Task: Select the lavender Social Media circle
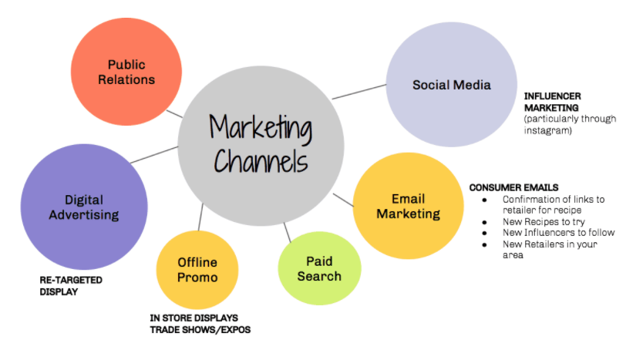pos(451,85)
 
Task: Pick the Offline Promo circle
pos(197,270)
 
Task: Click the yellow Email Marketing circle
pos(408,206)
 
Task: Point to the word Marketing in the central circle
pos(261,127)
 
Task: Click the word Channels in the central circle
pos(261,161)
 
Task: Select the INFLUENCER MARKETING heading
pos(552,101)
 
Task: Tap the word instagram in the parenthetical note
pos(547,131)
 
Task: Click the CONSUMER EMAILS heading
pos(513,187)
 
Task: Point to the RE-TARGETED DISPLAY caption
pos(71,285)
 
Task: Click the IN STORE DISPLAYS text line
pos(194,318)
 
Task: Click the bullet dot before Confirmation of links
pos(484,200)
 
